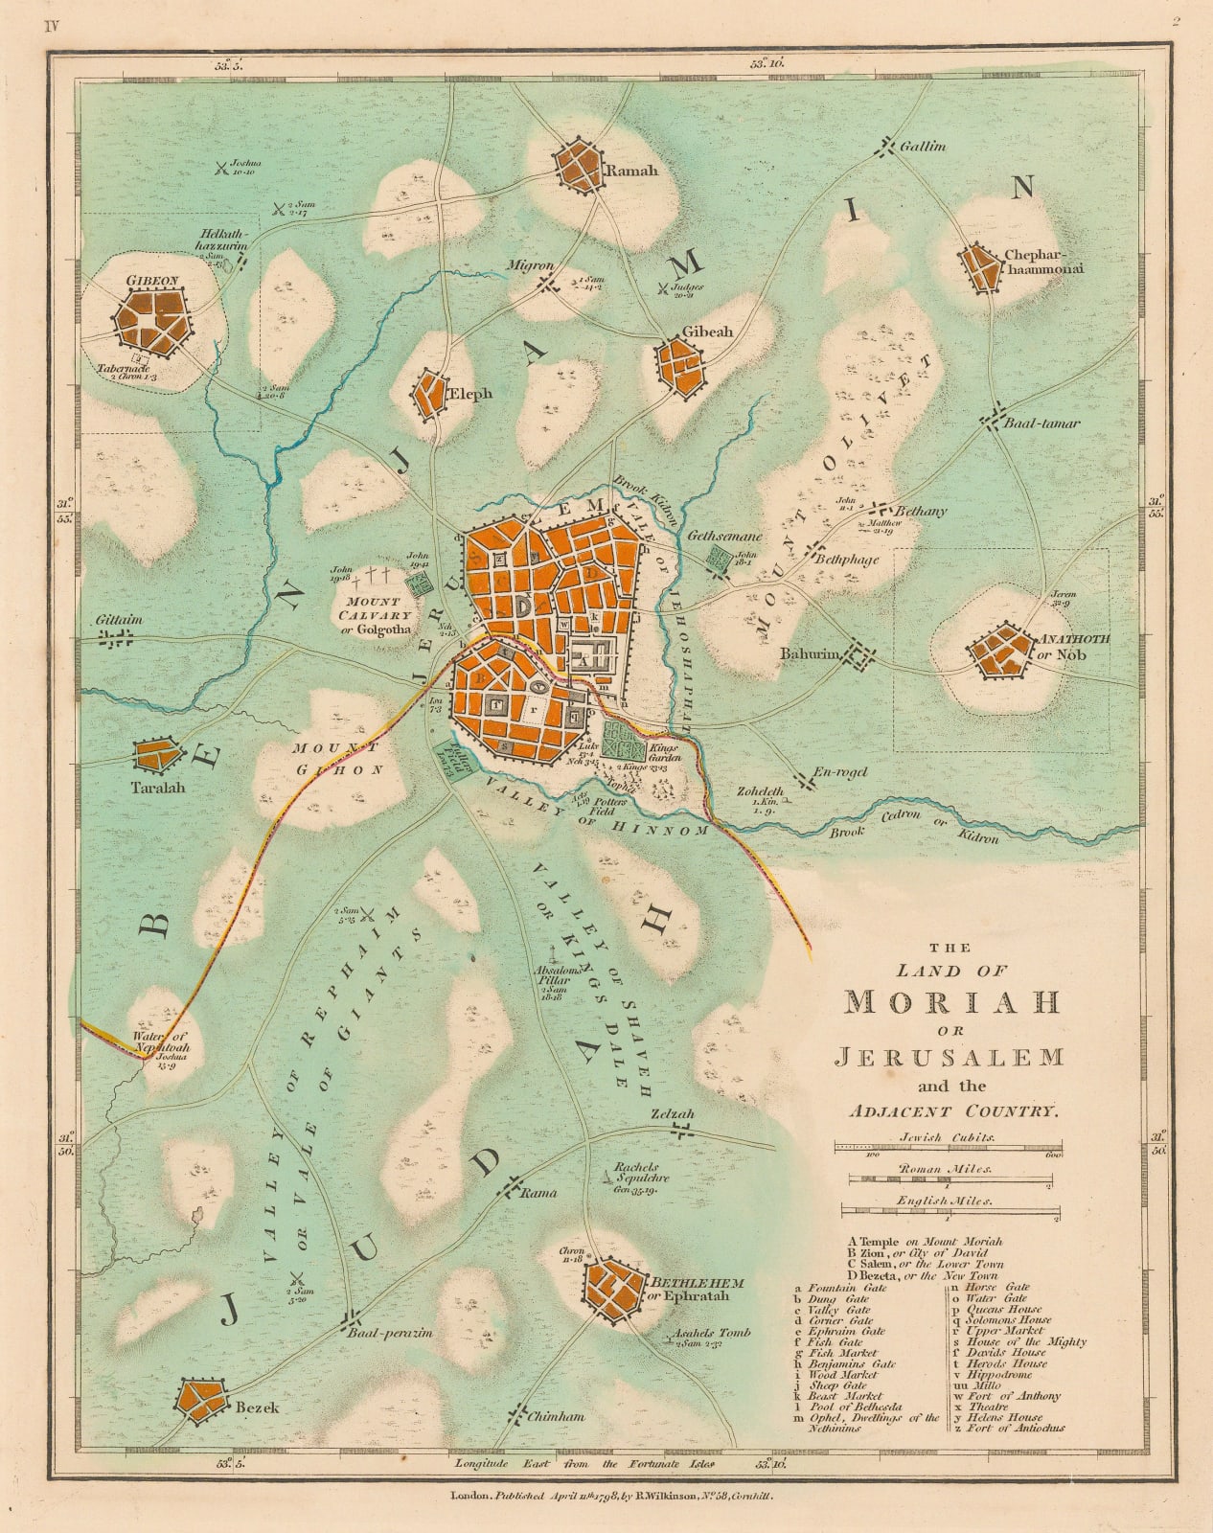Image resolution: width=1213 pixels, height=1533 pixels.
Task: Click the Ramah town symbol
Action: (x=581, y=166)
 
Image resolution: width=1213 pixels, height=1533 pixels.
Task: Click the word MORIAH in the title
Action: (x=952, y=1002)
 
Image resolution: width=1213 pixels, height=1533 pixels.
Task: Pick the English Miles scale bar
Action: (x=951, y=1213)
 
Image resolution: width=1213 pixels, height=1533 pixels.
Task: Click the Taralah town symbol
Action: (x=155, y=755)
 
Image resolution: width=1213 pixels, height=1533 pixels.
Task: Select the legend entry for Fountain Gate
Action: (x=838, y=1288)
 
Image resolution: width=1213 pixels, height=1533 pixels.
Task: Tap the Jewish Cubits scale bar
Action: (x=948, y=1146)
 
